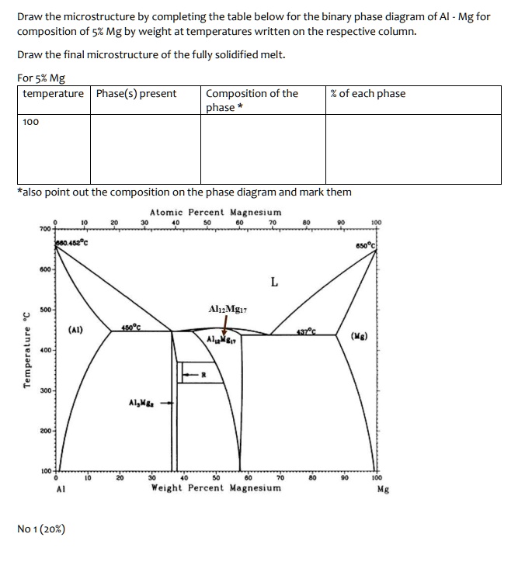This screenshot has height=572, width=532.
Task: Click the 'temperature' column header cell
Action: (53, 94)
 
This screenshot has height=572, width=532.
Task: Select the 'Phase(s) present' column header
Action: (136, 94)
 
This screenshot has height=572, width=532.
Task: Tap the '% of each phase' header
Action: (367, 94)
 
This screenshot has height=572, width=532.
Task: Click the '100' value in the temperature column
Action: (31, 122)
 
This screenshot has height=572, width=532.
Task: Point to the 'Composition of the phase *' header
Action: (252, 100)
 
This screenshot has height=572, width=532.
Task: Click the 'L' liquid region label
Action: (273, 282)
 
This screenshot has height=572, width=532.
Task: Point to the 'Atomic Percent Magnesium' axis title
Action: (215, 212)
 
